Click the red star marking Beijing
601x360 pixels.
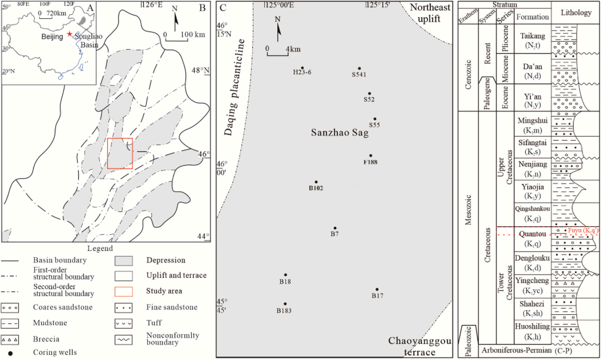pos(69,34)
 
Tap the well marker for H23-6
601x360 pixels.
pos(302,68)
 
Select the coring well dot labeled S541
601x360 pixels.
pos(359,69)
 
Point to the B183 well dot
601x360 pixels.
pos(285,304)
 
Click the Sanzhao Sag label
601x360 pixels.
pos(340,132)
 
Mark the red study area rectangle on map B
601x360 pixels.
pos(120,153)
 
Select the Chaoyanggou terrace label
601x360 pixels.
pos(420,346)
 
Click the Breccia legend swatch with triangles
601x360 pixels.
pos(10,339)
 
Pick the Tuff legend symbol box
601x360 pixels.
pos(124,323)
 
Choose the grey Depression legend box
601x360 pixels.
pos(124,261)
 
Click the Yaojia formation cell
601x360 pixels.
pos(532,191)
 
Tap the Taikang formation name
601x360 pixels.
pos(532,36)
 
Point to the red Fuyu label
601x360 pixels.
pos(582,230)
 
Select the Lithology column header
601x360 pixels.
pos(576,13)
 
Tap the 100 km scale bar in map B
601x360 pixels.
pos(177,39)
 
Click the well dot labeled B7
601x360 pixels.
pos(335,228)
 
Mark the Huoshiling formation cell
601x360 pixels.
pos(532,332)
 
